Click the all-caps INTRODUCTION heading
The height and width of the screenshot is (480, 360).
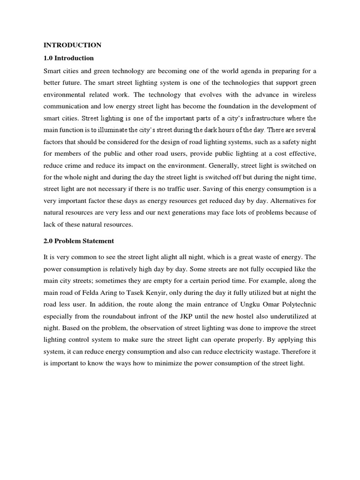[72, 45]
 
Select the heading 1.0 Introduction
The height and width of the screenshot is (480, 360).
[68, 58]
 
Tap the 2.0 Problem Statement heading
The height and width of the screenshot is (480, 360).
[79, 241]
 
